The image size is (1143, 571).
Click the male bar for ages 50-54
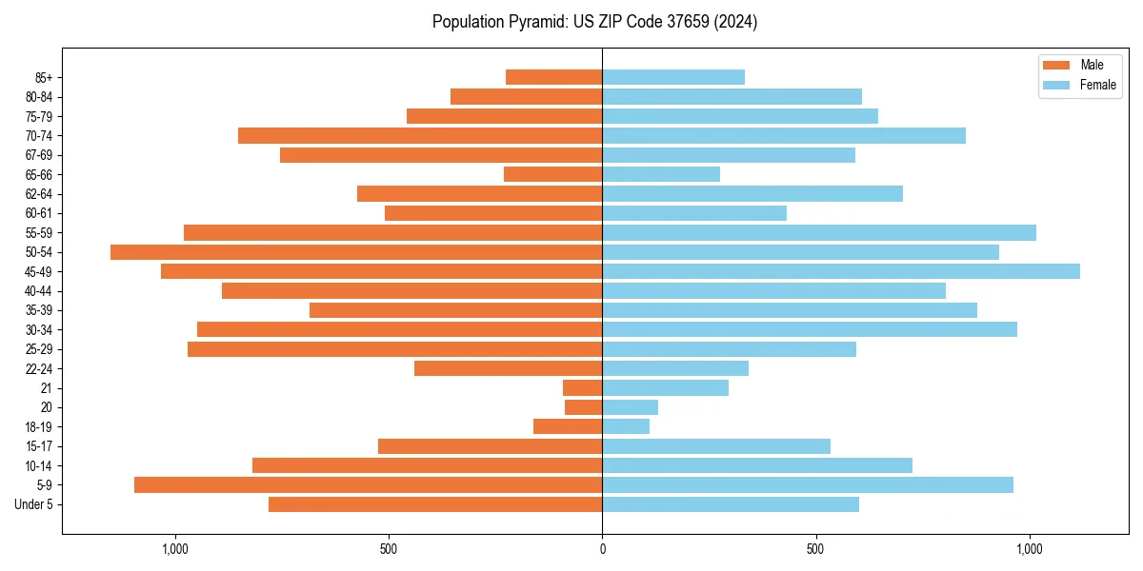[x=356, y=252]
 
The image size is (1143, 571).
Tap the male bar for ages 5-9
[x=368, y=484]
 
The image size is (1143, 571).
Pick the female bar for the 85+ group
[x=673, y=77]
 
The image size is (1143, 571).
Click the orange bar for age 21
[x=582, y=387]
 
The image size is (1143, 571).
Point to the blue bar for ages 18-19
[x=626, y=426]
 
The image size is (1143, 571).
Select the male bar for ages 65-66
[x=552, y=174]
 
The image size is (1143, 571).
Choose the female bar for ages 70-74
[x=784, y=135]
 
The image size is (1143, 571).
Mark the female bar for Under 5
[x=731, y=504]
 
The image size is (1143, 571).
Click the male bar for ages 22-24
[x=508, y=368]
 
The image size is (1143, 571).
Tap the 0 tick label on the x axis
[x=602, y=549]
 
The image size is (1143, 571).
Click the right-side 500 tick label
[x=815, y=549]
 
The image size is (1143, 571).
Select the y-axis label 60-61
[x=39, y=213]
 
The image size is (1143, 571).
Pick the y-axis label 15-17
[x=39, y=446]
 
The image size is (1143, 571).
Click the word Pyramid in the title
[x=536, y=22]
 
